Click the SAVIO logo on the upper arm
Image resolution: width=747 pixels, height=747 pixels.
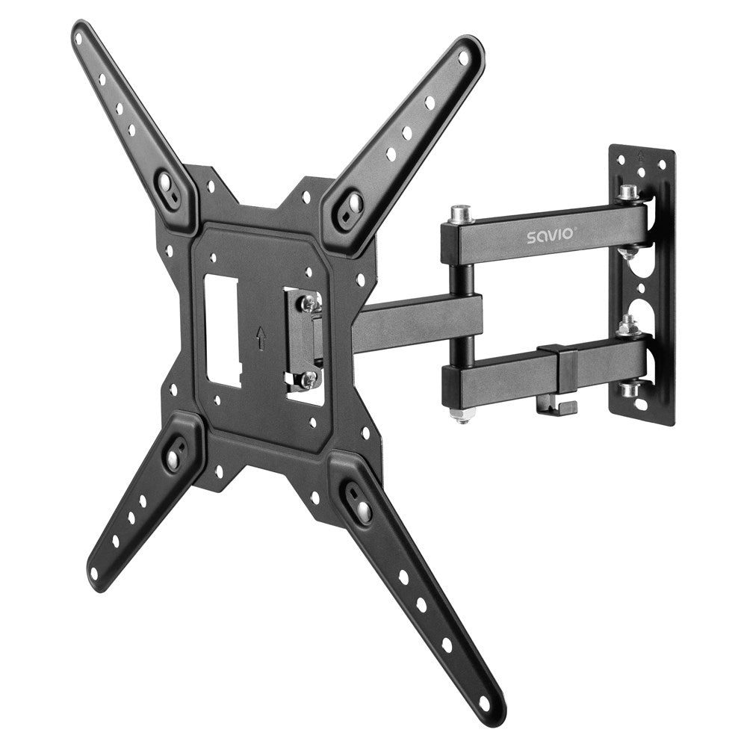(x=550, y=236)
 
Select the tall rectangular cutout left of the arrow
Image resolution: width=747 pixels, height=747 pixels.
(x=223, y=330)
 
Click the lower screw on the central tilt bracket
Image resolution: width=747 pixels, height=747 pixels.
(x=308, y=380)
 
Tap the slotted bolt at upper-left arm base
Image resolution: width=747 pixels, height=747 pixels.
(x=165, y=182)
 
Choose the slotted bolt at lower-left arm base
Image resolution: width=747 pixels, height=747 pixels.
(x=173, y=458)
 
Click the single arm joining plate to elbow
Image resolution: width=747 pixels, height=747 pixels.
(x=418, y=321)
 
